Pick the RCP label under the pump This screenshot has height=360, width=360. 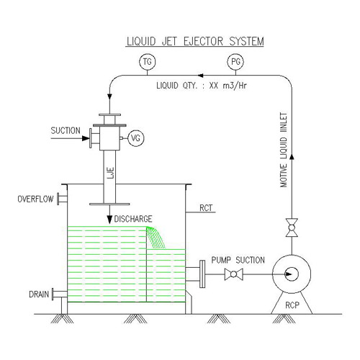point(292,304)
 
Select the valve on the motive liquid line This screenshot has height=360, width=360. point(292,230)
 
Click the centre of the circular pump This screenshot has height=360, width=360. point(291,274)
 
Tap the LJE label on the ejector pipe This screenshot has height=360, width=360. point(110,171)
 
